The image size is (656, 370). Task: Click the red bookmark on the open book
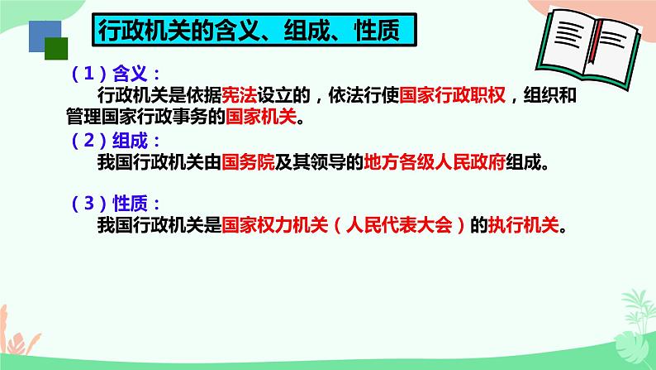click(x=593, y=67)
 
